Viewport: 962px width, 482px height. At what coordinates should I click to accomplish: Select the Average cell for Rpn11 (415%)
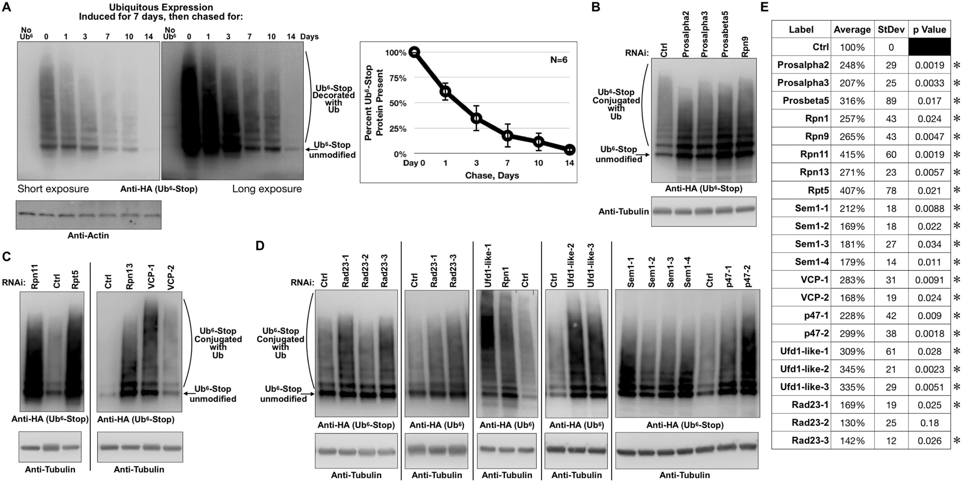(852, 154)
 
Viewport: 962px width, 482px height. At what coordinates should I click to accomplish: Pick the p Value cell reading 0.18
(929, 422)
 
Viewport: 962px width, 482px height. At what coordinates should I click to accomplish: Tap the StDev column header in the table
(891, 30)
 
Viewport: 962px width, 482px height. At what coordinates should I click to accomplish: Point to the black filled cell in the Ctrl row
(929, 47)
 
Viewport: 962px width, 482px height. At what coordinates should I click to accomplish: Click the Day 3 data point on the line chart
(477, 118)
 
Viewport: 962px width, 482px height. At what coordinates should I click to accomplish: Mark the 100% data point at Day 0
(414, 52)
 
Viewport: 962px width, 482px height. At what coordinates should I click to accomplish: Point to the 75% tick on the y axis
(397, 78)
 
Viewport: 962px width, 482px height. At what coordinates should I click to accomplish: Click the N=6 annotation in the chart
(558, 60)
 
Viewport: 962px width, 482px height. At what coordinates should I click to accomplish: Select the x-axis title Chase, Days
(492, 175)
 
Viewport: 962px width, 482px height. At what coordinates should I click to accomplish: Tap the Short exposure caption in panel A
(53, 189)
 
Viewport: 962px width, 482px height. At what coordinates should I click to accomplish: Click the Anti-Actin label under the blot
(88, 235)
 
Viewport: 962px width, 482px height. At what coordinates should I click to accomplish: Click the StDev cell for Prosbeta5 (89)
(891, 101)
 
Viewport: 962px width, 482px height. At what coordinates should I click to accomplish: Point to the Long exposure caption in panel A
(267, 189)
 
